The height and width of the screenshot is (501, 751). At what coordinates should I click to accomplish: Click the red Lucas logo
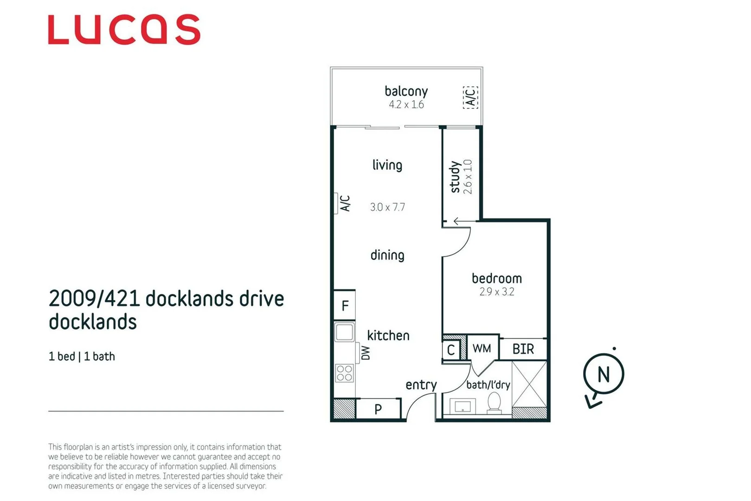124,30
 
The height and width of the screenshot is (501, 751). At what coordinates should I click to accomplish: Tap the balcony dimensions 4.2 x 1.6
406,105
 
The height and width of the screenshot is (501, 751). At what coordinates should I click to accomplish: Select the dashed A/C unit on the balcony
470,97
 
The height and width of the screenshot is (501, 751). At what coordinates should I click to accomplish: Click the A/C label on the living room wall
345,203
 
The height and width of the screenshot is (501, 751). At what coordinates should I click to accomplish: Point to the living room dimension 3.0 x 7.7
387,207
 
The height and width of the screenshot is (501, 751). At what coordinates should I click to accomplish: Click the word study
455,177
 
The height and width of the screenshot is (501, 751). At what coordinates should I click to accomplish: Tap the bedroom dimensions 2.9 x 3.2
496,292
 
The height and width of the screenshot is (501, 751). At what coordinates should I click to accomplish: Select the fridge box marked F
345,305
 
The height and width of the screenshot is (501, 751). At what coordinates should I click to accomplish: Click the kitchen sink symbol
344,332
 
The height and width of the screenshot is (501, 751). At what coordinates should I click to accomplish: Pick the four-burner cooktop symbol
344,373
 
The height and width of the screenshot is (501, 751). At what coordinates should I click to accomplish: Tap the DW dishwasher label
366,353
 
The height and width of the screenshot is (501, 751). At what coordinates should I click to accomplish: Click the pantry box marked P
378,409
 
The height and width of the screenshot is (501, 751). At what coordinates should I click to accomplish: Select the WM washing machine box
481,348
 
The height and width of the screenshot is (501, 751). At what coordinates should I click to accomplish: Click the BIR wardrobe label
523,349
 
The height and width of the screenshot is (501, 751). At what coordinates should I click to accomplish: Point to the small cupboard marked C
450,350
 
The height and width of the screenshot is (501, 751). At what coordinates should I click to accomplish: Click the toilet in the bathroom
494,403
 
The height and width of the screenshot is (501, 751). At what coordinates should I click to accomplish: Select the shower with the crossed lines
529,385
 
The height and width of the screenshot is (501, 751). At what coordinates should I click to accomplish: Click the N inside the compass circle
603,374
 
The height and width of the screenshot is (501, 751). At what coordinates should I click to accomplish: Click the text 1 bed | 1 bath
82,356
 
